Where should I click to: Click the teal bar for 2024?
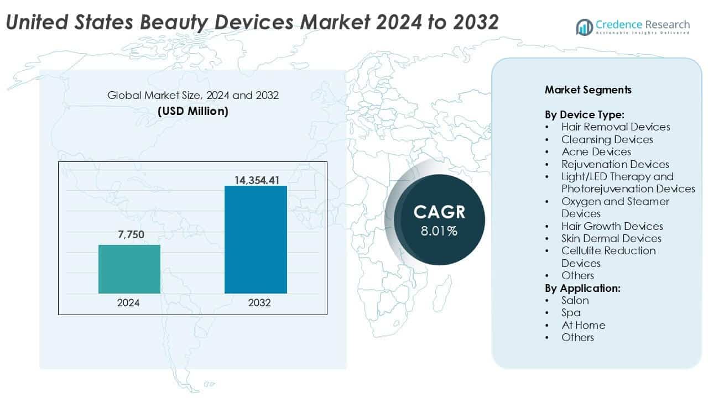click(129, 269)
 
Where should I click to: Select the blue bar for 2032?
click(256, 239)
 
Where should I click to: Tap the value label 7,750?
click(131, 235)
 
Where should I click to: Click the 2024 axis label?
click(129, 303)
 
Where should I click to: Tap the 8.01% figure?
click(439, 231)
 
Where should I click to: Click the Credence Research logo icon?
click(584, 26)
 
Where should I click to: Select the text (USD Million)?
click(193, 111)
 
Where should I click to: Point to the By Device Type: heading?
click(584, 115)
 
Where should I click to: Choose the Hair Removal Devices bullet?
click(616, 127)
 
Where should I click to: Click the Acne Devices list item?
click(596, 151)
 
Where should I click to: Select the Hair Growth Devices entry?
click(612, 226)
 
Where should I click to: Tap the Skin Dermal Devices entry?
click(611, 238)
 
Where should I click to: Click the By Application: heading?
click(582, 288)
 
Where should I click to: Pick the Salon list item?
click(575, 300)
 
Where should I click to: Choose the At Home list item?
click(583, 325)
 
